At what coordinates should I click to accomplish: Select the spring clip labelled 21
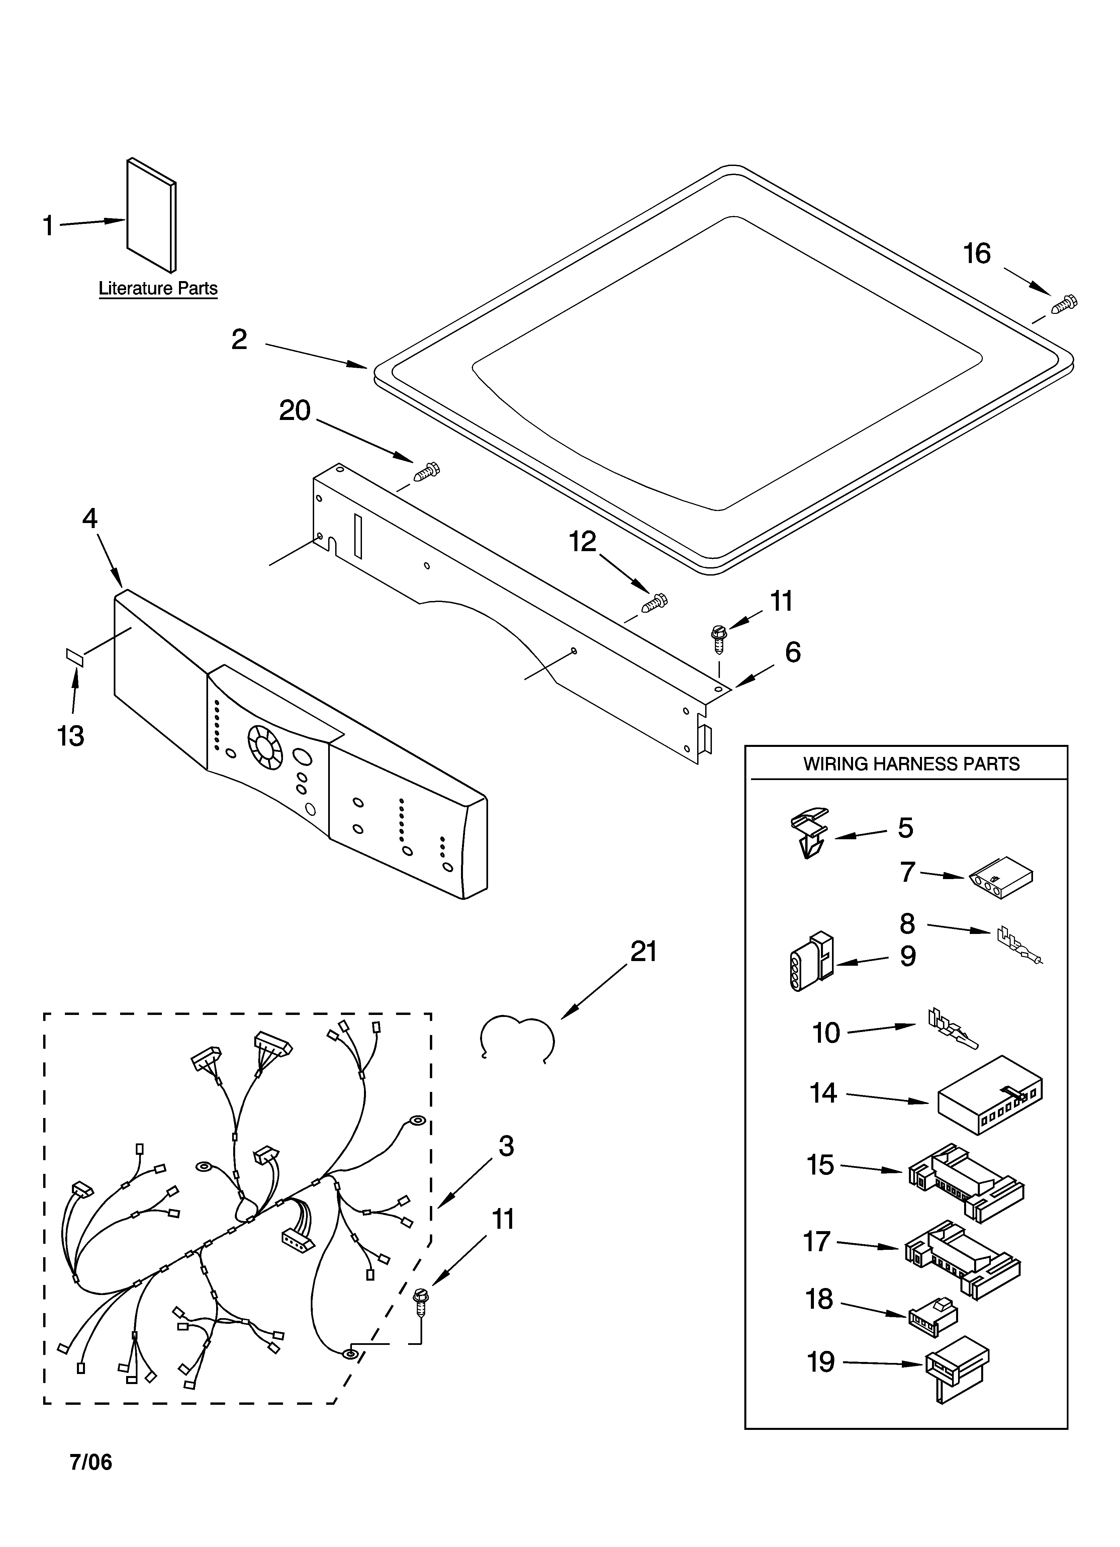[517, 1036]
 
